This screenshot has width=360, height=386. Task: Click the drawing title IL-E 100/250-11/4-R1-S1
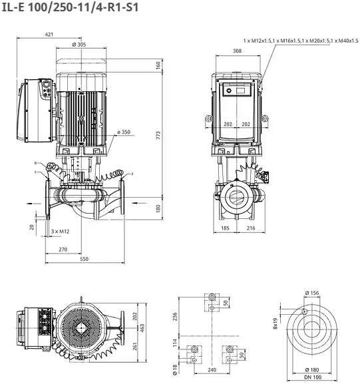(x=70, y=7)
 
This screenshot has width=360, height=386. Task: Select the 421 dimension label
(x=49, y=35)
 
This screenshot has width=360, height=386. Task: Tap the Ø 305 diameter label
(x=79, y=45)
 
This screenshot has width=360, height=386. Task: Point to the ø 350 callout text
(x=124, y=132)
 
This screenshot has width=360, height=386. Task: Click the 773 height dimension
(x=158, y=135)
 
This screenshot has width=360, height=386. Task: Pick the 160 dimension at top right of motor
(x=158, y=65)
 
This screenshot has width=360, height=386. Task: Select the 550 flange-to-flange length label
(x=84, y=259)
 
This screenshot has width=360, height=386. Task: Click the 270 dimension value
(x=63, y=250)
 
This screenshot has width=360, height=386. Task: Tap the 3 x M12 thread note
(x=61, y=232)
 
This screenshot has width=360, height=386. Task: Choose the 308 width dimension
(x=237, y=51)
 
